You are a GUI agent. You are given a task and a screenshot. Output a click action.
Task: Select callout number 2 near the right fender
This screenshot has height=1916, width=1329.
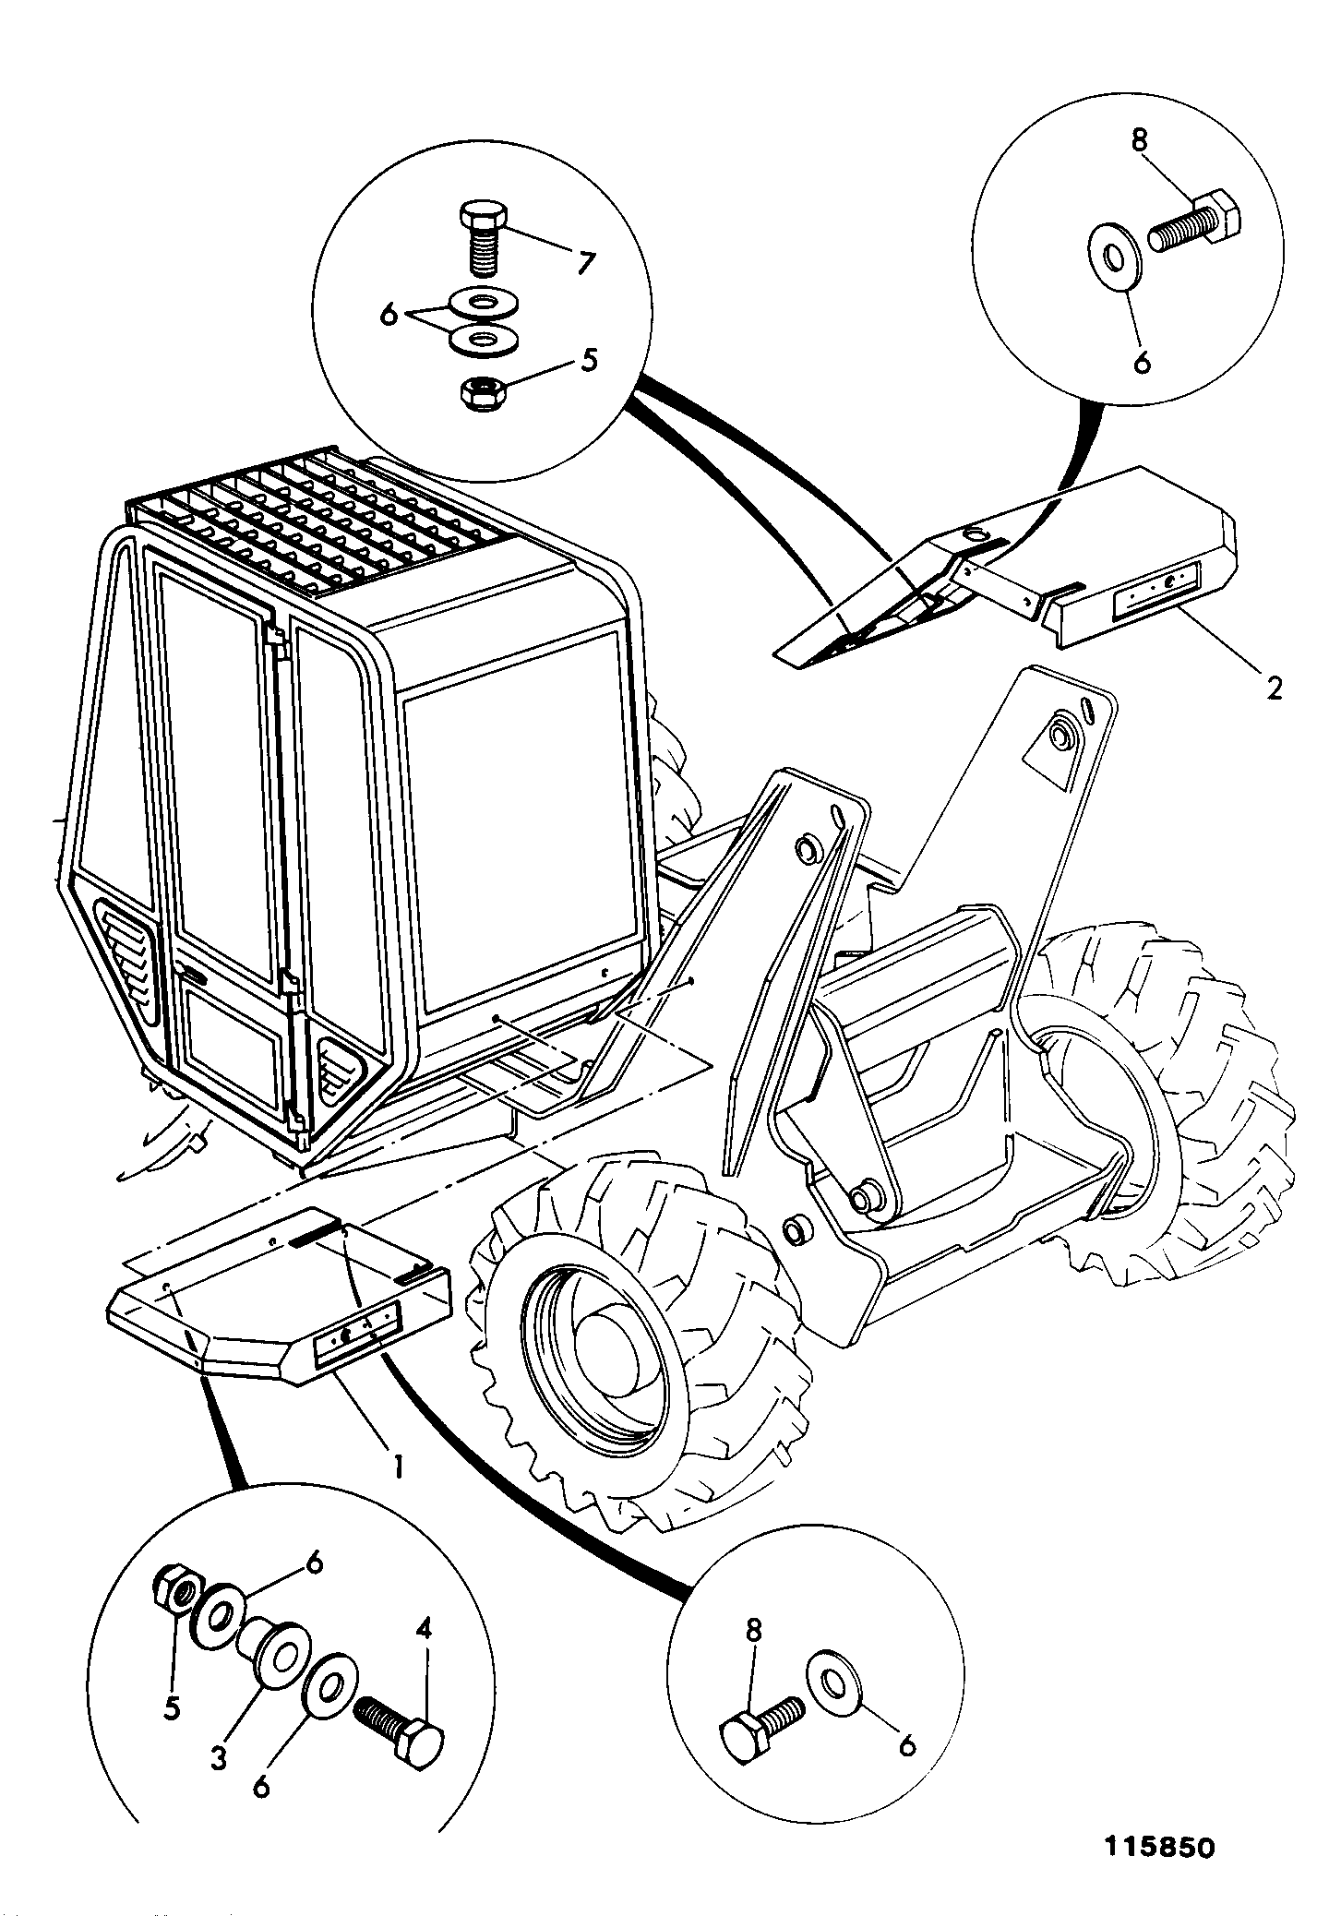(x=1274, y=688)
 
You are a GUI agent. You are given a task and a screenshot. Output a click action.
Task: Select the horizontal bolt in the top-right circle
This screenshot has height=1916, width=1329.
(x=1194, y=224)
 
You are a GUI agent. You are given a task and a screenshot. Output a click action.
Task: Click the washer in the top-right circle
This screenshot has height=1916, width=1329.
(x=1116, y=255)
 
